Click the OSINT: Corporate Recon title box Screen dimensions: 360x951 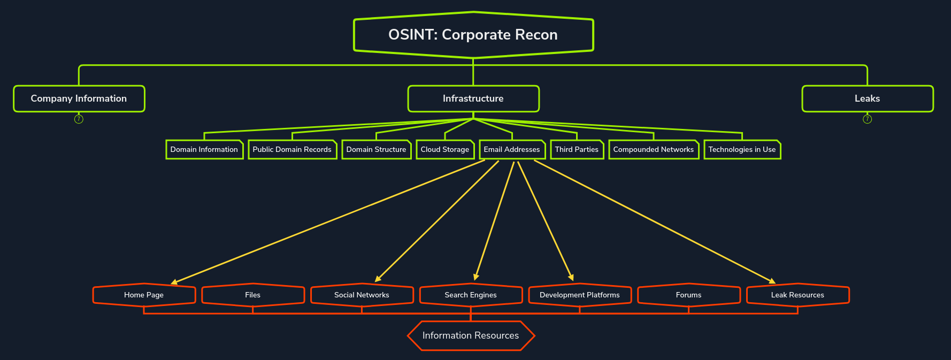point(473,35)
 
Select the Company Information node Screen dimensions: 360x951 point(79,98)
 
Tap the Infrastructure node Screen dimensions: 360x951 point(473,98)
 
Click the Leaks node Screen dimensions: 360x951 point(867,98)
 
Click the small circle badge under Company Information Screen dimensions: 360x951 point(79,119)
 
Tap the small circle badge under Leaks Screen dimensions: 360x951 point(867,119)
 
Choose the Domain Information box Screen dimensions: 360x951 point(204,150)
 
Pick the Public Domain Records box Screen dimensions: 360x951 point(292,150)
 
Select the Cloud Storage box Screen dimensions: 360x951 point(445,150)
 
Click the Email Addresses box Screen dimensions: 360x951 point(512,150)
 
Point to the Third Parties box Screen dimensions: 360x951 point(577,150)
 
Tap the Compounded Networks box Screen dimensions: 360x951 point(654,150)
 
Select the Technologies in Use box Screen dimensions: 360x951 point(742,150)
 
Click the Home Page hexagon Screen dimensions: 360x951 point(144,295)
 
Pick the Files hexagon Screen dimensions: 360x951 point(253,295)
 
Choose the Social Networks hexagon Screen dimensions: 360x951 point(362,295)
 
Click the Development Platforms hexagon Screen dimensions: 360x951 point(580,295)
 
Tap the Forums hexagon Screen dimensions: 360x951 point(689,295)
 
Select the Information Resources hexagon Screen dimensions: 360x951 point(471,335)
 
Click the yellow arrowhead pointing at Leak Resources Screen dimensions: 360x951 point(772,281)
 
